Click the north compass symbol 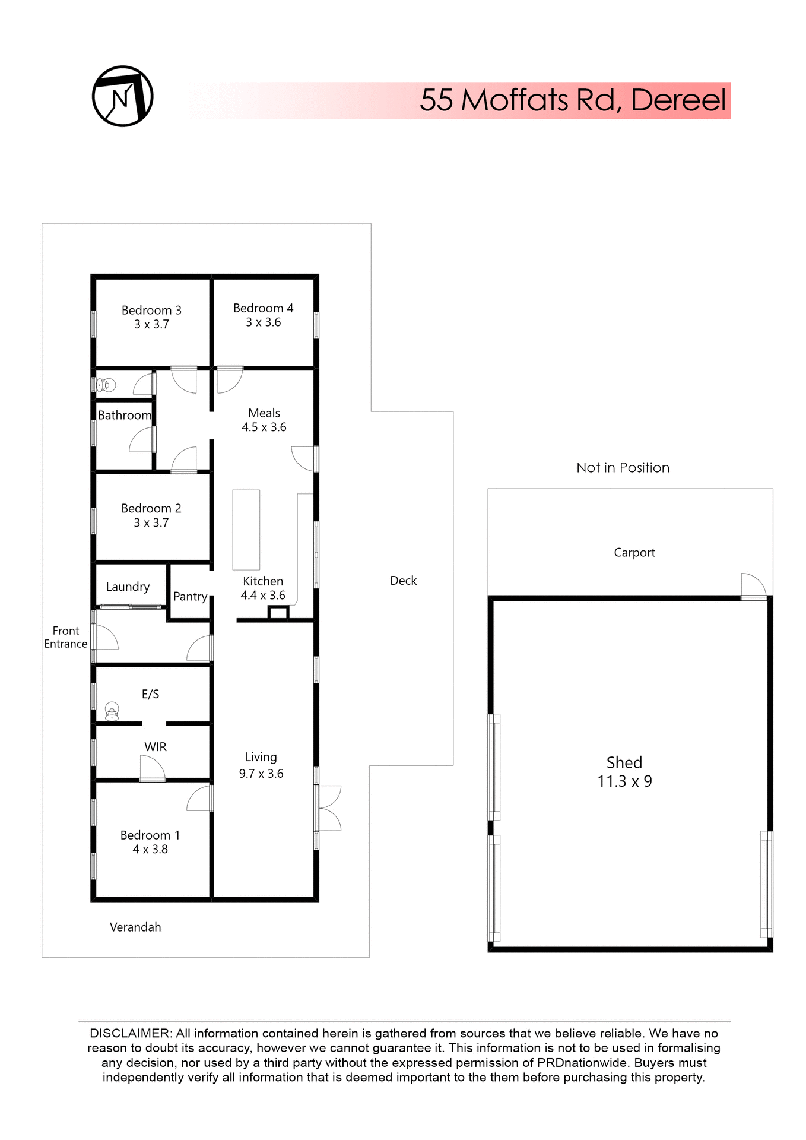[x=123, y=96]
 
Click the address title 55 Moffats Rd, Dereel [x=572, y=100]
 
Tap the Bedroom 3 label [x=151, y=310]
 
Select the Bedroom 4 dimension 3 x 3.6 [x=264, y=322]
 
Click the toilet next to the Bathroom [x=107, y=385]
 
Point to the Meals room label [x=264, y=413]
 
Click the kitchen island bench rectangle [x=246, y=530]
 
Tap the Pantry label [x=190, y=596]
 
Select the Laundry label [x=128, y=587]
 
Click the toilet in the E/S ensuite [x=112, y=710]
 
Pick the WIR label [x=156, y=747]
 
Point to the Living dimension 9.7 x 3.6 [x=261, y=774]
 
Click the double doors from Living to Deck [x=328, y=807]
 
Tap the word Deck [x=403, y=581]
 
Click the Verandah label [x=135, y=927]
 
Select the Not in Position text [x=623, y=468]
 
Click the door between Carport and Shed [x=753, y=587]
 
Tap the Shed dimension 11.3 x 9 [x=624, y=781]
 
